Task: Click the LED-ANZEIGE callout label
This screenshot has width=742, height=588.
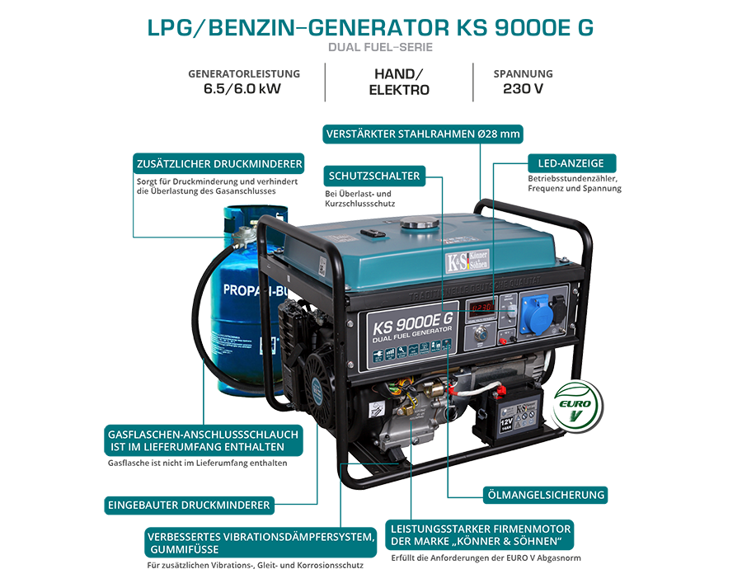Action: pos(571,163)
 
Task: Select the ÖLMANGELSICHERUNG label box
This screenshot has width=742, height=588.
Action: pos(544,495)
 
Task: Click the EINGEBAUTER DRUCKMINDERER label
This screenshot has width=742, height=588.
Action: pos(190,504)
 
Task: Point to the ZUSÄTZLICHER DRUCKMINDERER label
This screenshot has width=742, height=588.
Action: pos(218,162)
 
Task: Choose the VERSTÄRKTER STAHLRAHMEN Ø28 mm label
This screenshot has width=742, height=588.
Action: pos(424,134)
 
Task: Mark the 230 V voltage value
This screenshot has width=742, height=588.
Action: pos(523,90)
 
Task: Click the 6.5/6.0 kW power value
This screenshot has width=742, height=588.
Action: pos(243,90)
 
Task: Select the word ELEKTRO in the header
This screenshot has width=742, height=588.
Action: pos(399,90)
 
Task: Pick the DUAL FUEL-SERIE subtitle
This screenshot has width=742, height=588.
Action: pos(380,47)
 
